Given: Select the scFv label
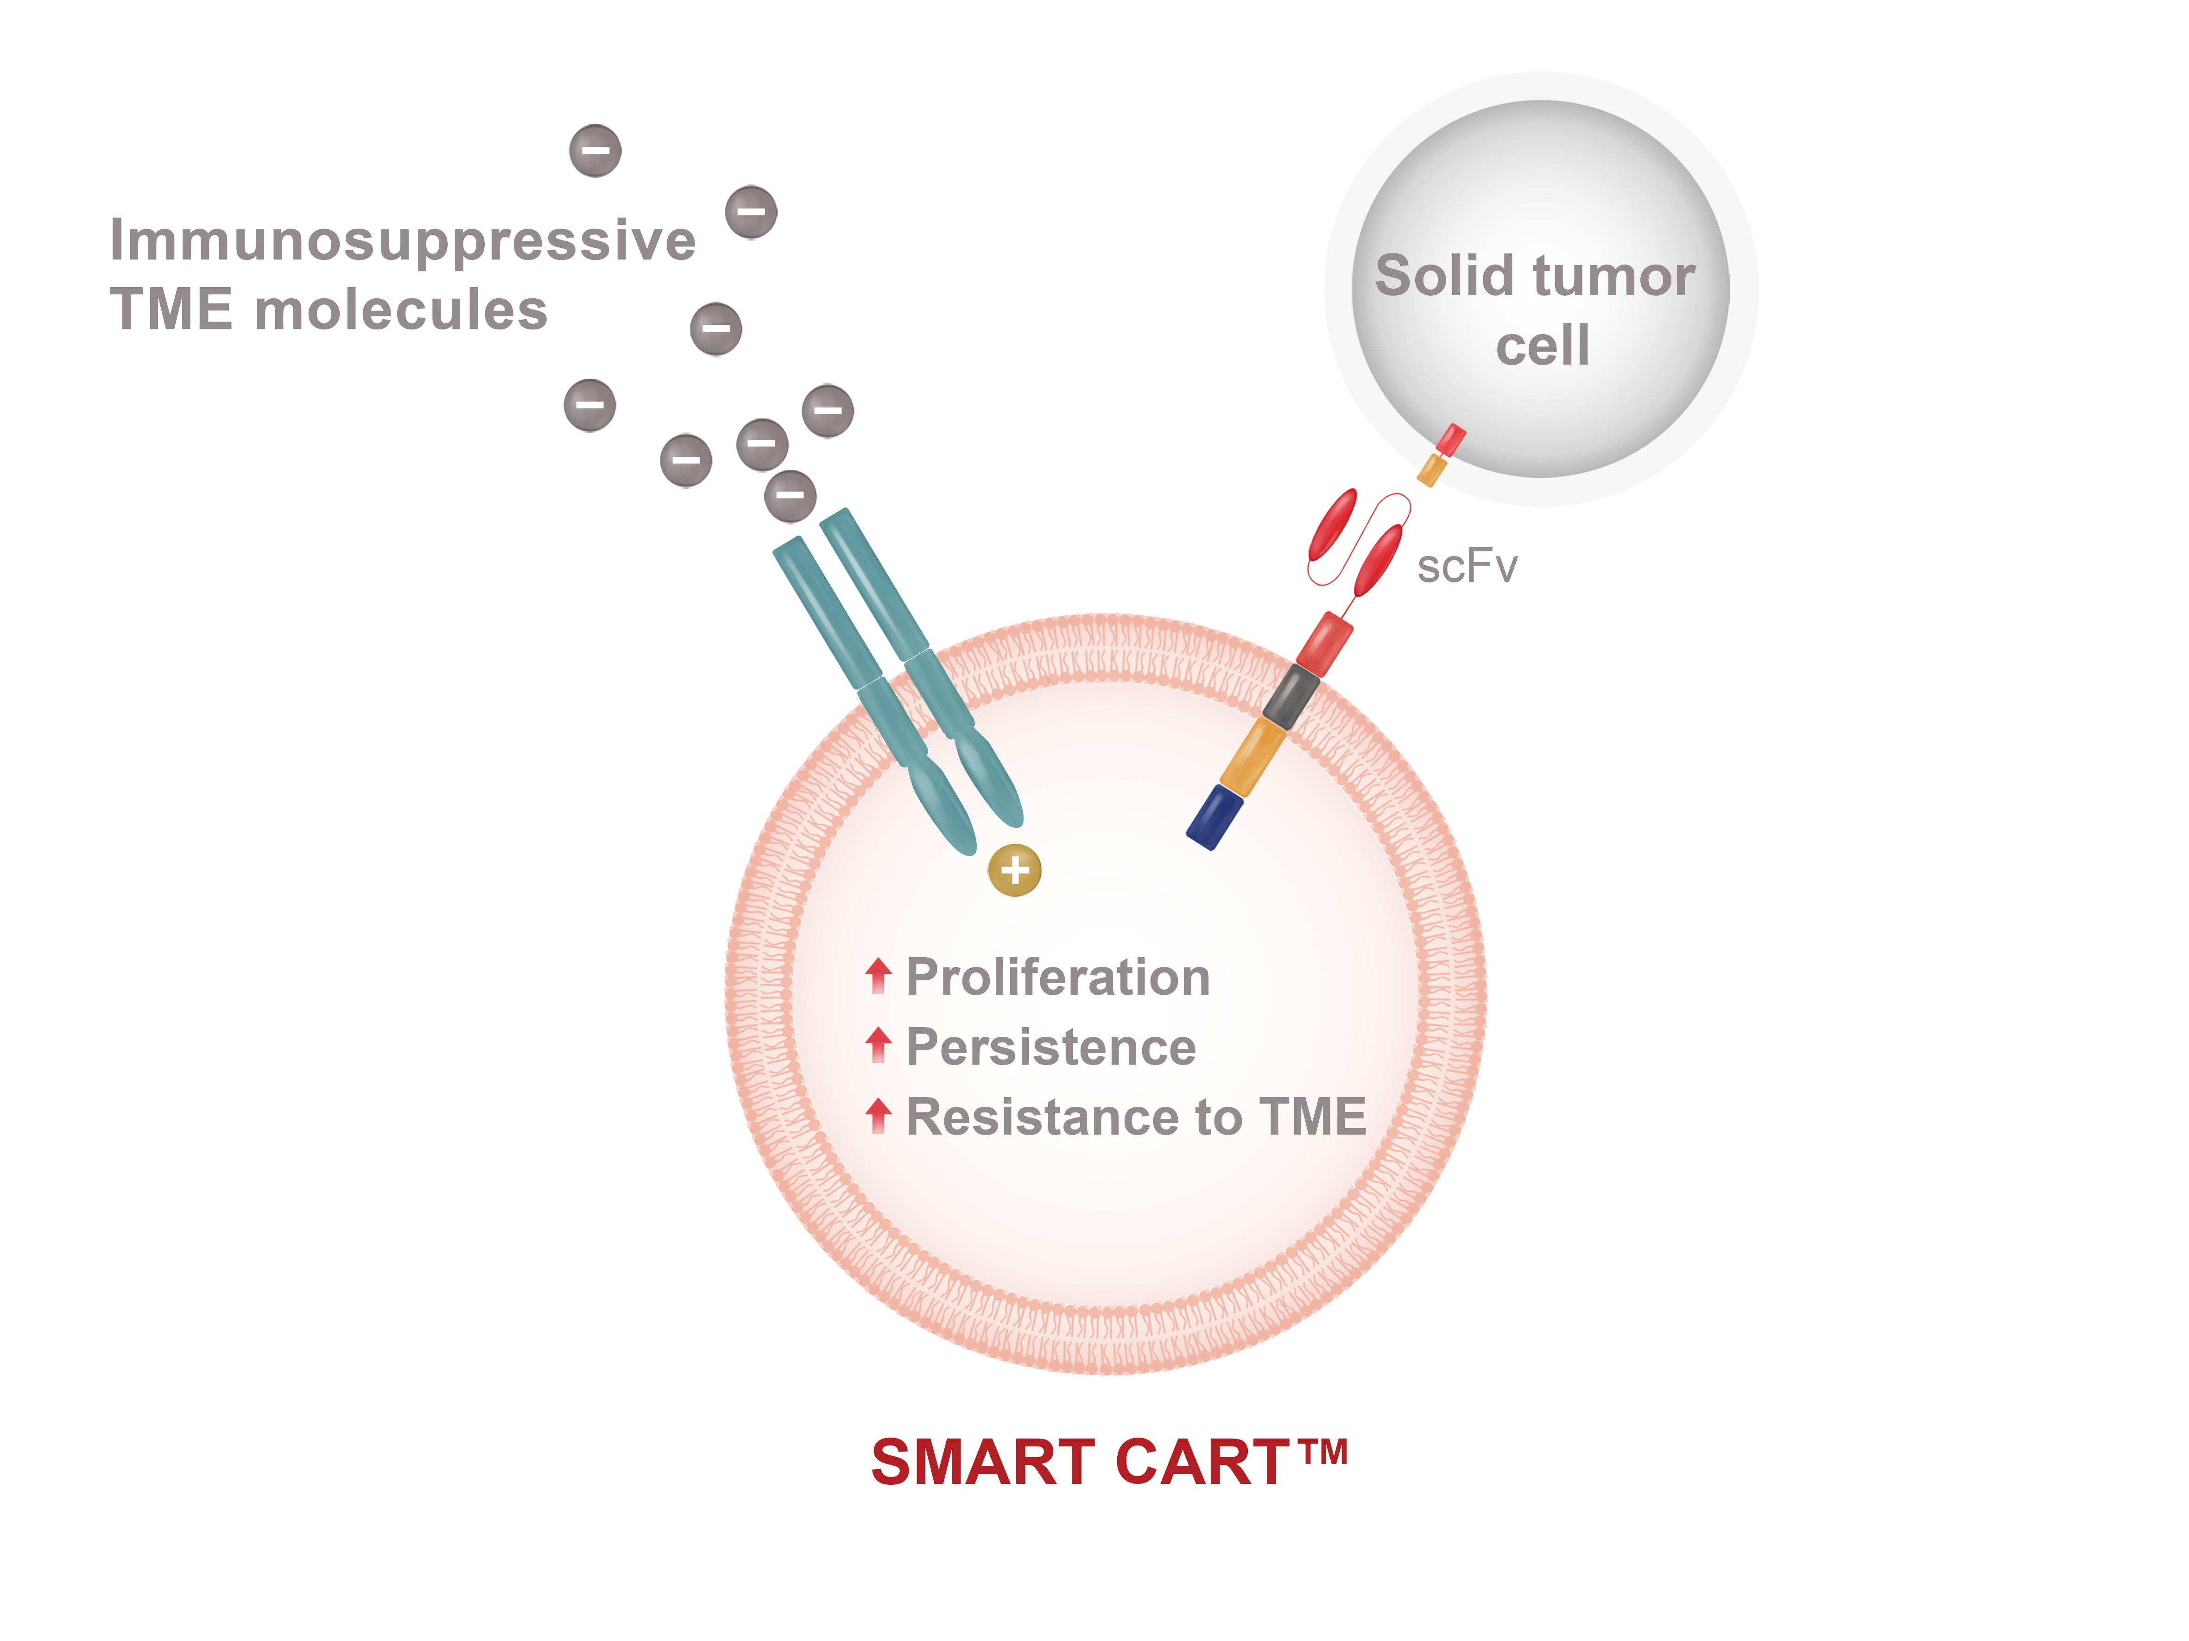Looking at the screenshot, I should [1467, 567].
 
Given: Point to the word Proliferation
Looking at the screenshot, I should [1058, 977].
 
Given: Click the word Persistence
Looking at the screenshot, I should [1051, 1047].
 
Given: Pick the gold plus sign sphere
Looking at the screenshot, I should [1014, 871].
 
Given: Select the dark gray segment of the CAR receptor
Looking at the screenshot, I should [1291, 695].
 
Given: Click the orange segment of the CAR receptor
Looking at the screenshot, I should [1253, 757].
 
